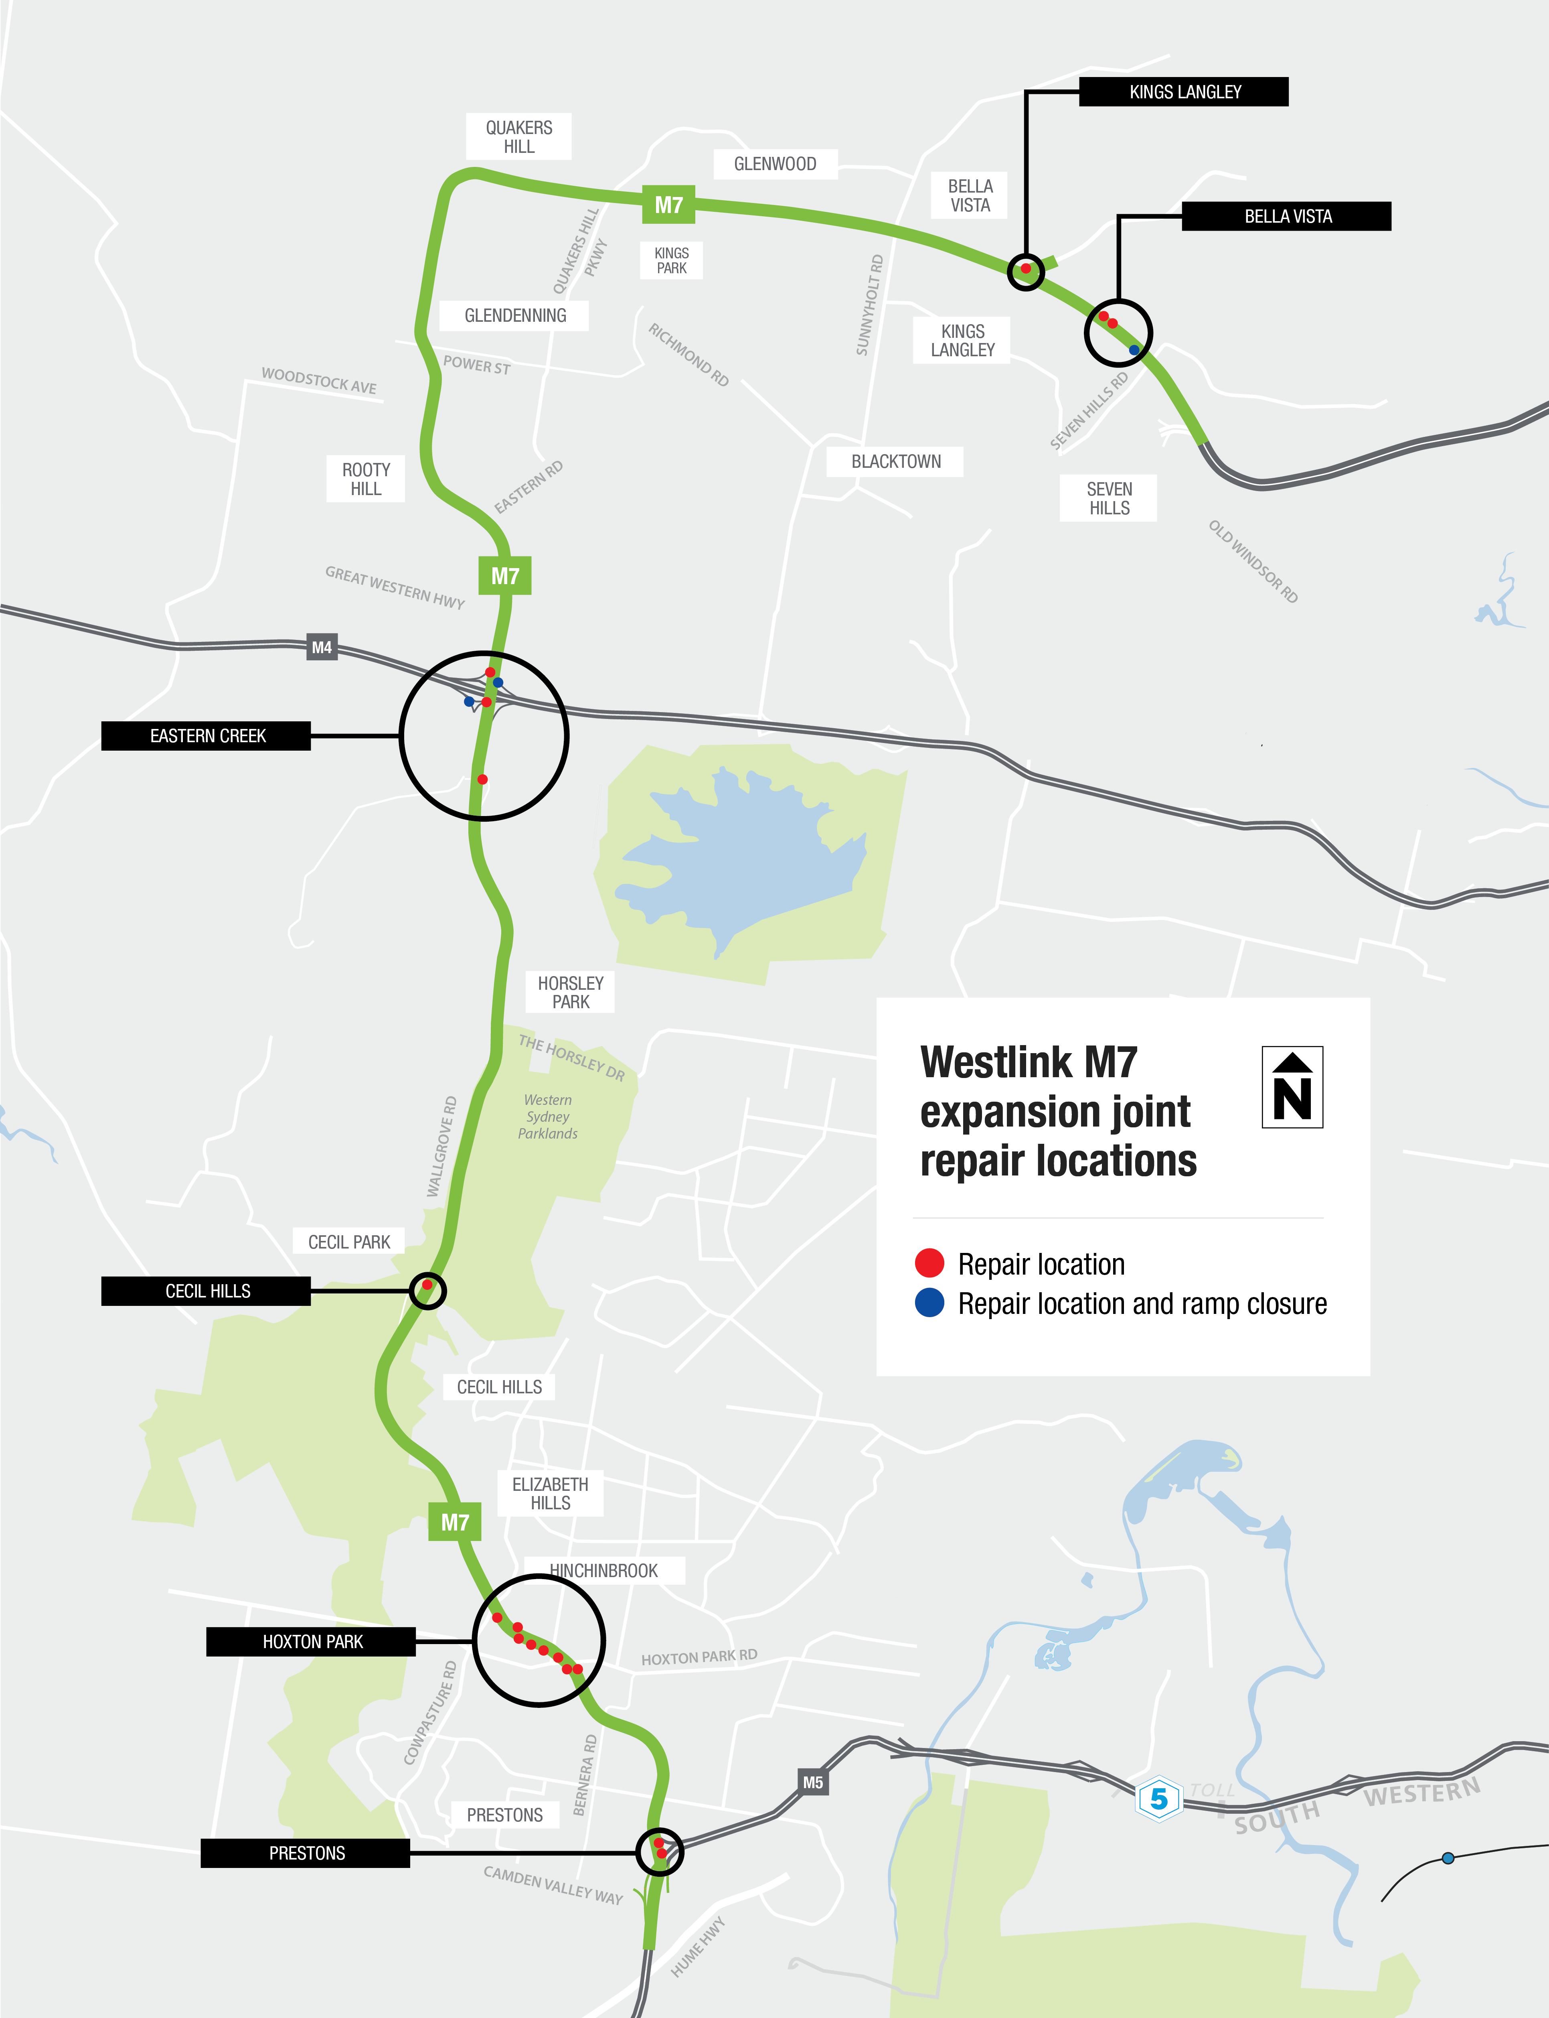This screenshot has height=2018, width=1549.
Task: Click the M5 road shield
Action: [x=812, y=1782]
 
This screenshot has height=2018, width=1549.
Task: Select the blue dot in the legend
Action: [x=929, y=1303]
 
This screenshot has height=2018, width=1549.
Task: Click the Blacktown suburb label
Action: [x=895, y=461]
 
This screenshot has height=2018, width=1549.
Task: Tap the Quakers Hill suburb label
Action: [x=519, y=136]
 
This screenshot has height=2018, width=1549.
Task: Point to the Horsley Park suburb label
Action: [x=571, y=993]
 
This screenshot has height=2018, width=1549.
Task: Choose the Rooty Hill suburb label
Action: [x=366, y=479]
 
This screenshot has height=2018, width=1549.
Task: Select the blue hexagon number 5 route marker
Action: [x=1159, y=1799]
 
